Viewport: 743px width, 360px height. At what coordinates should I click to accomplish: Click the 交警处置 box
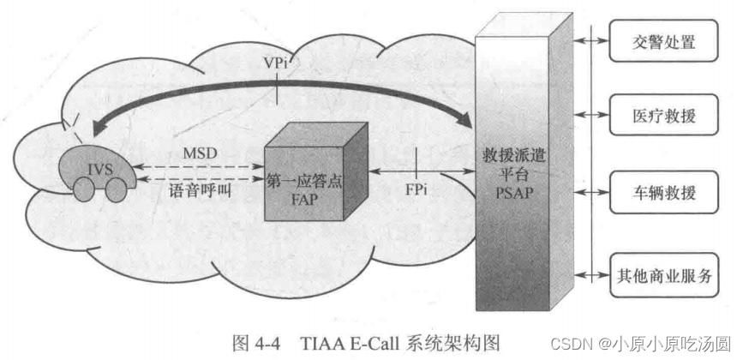[662, 41]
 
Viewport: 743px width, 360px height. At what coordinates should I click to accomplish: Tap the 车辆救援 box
[662, 190]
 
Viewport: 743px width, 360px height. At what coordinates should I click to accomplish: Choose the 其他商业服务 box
[662, 274]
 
